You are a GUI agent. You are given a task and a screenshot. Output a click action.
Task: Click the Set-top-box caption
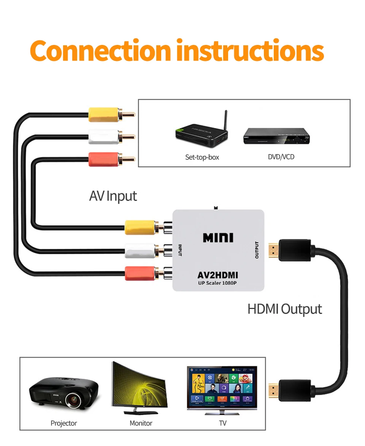[202, 157]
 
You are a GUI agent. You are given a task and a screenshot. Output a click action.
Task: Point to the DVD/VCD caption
[281, 157]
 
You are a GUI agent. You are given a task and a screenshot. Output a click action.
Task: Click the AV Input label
[113, 196]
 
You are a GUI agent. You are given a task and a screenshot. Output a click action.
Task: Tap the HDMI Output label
[284, 309]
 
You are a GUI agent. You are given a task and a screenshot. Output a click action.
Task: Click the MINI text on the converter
[218, 238]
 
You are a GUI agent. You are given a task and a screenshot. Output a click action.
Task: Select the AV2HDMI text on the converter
[218, 275]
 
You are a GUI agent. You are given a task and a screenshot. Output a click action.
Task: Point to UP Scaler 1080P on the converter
[218, 283]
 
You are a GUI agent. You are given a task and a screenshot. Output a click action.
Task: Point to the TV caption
[223, 423]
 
